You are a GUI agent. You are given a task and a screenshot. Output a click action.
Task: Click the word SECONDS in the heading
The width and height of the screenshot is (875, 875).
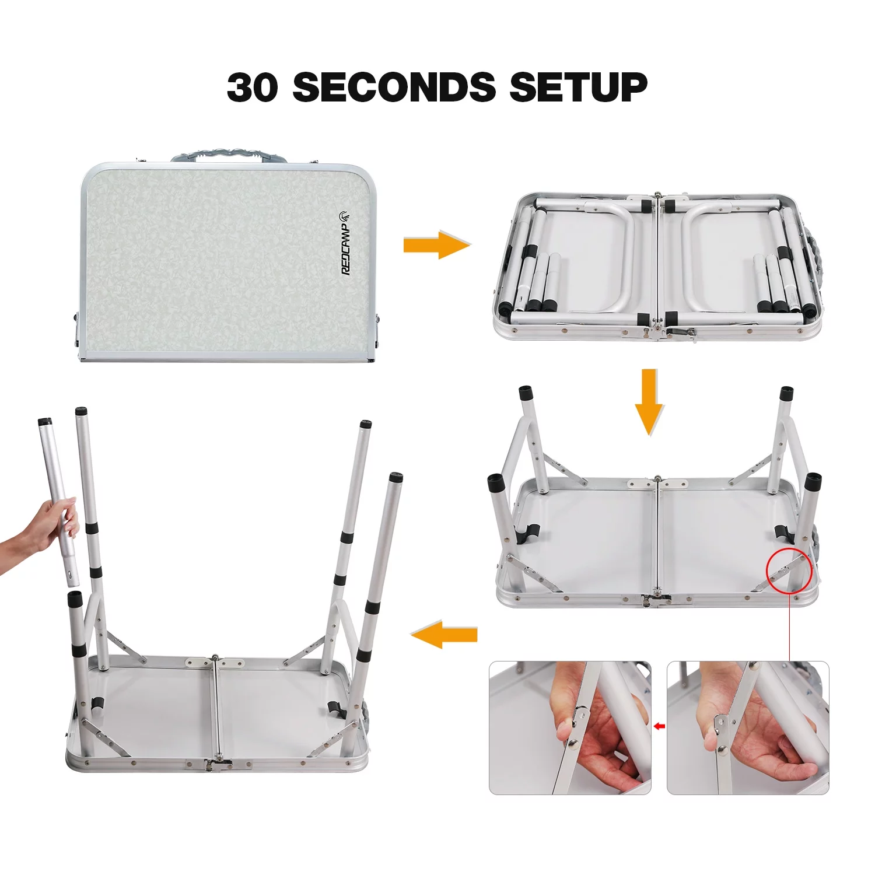394,87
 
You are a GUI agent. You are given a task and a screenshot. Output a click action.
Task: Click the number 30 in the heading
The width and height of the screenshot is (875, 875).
252,87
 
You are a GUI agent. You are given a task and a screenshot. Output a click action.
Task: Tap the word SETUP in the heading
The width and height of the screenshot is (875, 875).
578,87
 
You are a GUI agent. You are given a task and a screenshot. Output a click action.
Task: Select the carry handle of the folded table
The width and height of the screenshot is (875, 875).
229,155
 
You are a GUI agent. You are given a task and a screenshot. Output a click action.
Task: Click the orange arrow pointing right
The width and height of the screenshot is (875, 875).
436,245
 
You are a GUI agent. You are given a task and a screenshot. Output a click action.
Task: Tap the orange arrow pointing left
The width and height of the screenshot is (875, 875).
444,634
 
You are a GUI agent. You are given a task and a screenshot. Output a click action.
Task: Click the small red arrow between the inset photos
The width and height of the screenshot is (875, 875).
659,726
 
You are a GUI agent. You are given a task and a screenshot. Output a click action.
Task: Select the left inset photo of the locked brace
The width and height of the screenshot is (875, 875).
570,727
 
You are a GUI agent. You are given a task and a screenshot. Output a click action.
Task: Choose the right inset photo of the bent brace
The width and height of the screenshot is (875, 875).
748,727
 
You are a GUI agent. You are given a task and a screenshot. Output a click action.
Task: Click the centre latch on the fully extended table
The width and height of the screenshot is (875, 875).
219,764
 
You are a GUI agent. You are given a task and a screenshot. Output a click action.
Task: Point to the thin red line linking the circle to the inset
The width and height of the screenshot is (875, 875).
789,627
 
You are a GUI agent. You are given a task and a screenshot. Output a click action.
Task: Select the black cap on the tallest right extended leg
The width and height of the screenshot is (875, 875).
395,477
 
